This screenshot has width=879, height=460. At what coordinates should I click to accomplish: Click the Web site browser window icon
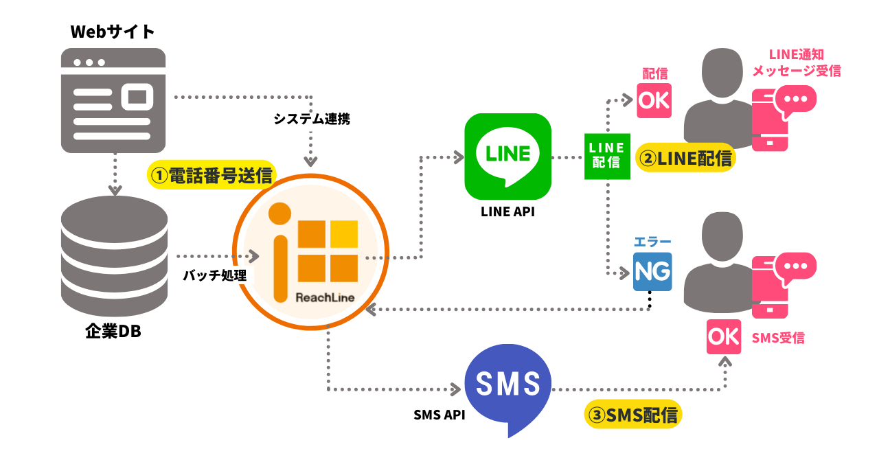113,100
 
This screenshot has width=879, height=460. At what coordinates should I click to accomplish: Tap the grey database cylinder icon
114,255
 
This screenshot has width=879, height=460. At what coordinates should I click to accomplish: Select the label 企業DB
113,331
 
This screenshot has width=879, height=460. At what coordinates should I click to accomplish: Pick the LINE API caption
507,212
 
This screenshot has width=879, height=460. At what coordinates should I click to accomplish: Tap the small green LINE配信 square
607,156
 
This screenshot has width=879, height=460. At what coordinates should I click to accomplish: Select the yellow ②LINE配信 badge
685,158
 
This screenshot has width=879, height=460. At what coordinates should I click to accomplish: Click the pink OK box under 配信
654,100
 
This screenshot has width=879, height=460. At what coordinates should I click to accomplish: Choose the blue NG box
652,272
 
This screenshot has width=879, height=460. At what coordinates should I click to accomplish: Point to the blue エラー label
652,242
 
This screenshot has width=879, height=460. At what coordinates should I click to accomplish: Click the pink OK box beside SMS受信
724,336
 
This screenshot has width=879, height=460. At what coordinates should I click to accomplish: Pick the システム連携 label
312,119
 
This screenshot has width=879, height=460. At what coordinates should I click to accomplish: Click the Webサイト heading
113,32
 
